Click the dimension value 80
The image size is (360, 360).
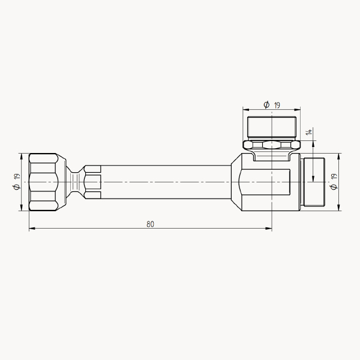point(151,224)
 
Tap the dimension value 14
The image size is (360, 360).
point(309,132)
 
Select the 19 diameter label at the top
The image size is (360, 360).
point(277,105)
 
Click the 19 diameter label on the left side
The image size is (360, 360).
point(17,177)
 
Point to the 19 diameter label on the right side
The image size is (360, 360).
point(334,176)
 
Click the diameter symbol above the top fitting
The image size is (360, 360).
point(266,104)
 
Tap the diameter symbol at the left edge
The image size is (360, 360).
point(17,187)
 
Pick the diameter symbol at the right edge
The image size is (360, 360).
point(334,187)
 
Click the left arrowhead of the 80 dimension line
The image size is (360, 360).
point(32,229)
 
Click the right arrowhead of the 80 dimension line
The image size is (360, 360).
point(269,229)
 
